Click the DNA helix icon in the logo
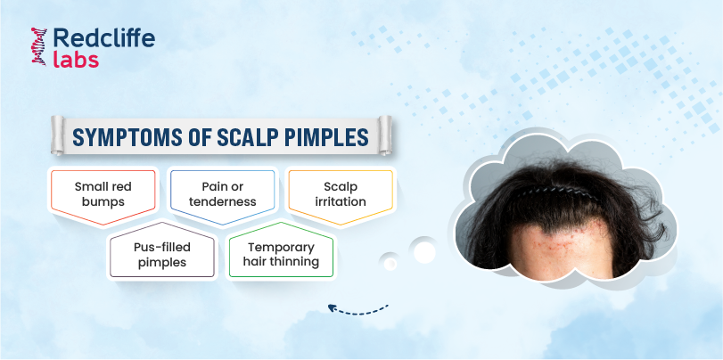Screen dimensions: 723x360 [x=38, y=46]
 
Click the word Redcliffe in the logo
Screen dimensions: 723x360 [x=103, y=38]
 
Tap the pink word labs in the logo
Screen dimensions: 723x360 [x=76, y=60]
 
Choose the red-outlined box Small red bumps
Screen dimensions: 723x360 [x=103, y=197]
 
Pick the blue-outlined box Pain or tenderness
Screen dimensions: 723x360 [x=222, y=197]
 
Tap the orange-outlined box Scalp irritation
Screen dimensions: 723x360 [x=341, y=197]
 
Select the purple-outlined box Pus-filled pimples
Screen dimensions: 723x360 [x=162, y=250]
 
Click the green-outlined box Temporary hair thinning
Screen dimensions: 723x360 [x=282, y=250]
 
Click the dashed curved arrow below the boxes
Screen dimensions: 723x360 [x=358, y=311]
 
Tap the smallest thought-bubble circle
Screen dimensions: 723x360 [x=390, y=263]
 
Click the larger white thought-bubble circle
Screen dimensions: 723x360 [x=424, y=251]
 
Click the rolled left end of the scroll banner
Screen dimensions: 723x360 [x=58, y=135]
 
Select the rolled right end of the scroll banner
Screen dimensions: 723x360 [x=384, y=135]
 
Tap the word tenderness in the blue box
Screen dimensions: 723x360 [x=222, y=202]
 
